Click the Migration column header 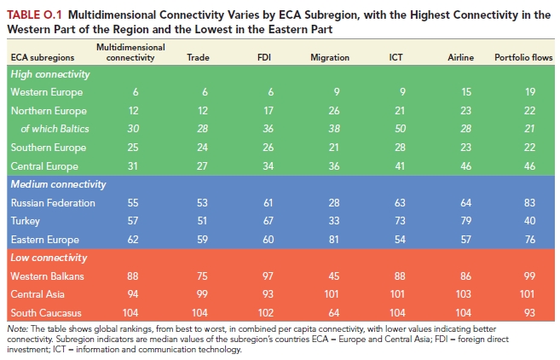point(330,57)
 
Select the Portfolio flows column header point(523,57)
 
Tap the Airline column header point(461,57)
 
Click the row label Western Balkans point(47,276)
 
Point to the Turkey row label point(26,221)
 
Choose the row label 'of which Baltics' point(55,129)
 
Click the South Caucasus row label point(46,313)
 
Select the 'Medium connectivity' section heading point(59,184)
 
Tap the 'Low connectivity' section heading point(49,258)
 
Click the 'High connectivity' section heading point(50,74)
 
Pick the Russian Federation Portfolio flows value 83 point(529,203)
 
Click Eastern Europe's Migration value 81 point(334,239)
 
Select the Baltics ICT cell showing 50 point(400,129)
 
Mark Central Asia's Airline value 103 point(463,294)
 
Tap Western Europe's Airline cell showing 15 point(466,92)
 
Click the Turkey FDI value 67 point(268,221)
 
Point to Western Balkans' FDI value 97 point(268,276)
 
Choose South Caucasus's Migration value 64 point(334,313)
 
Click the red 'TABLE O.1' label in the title point(35,15)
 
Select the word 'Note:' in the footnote point(18,329)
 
